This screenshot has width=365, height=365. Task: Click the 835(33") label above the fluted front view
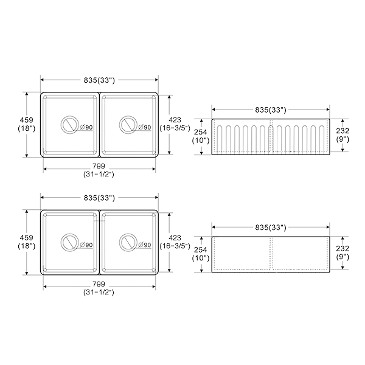click(x=271, y=110)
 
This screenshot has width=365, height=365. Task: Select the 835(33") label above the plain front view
click(x=271, y=228)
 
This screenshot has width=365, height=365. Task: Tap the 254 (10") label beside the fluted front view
click(x=201, y=136)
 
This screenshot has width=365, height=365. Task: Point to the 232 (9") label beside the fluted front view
click(x=342, y=134)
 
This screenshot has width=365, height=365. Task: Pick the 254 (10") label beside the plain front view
click(x=201, y=254)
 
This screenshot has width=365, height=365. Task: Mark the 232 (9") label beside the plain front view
click(x=342, y=252)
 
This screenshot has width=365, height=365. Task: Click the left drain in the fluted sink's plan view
click(x=69, y=125)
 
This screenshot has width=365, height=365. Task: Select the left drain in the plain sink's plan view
click(x=69, y=243)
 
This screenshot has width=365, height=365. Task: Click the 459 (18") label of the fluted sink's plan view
click(x=26, y=124)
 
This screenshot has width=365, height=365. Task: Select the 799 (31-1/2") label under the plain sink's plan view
click(x=99, y=288)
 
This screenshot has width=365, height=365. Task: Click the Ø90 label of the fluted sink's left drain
click(x=85, y=128)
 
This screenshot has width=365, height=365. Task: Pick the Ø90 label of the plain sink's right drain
click(x=144, y=245)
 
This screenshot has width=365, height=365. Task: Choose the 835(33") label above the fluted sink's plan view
click(x=99, y=80)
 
